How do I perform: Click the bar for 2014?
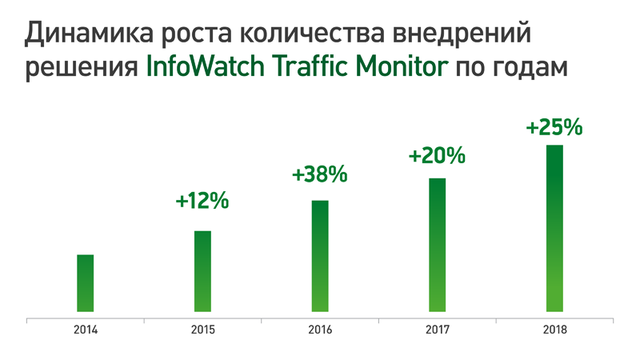86,282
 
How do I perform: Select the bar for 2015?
202,270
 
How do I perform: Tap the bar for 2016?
320,255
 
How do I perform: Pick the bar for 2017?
437,244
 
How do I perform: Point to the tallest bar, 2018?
554,228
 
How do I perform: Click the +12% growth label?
202,201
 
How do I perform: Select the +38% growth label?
320,173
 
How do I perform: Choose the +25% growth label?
554,126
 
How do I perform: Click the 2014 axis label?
86,330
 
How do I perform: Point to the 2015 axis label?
202,330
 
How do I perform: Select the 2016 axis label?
320,330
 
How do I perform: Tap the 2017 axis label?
437,330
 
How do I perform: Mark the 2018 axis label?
554,330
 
